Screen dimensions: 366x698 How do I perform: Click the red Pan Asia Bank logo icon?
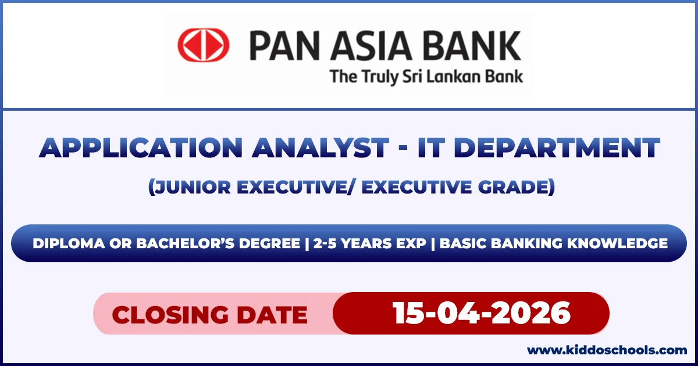coord(203,45)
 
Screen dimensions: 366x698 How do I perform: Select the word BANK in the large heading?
coord(469,46)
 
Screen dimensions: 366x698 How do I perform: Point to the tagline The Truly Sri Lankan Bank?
coord(426,76)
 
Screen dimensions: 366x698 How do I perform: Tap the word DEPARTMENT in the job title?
coord(557,148)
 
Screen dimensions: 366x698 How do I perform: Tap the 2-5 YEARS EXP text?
coord(369,244)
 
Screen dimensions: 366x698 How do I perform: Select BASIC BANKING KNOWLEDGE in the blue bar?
coord(553,244)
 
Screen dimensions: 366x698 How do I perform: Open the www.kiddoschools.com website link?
coord(607,350)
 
